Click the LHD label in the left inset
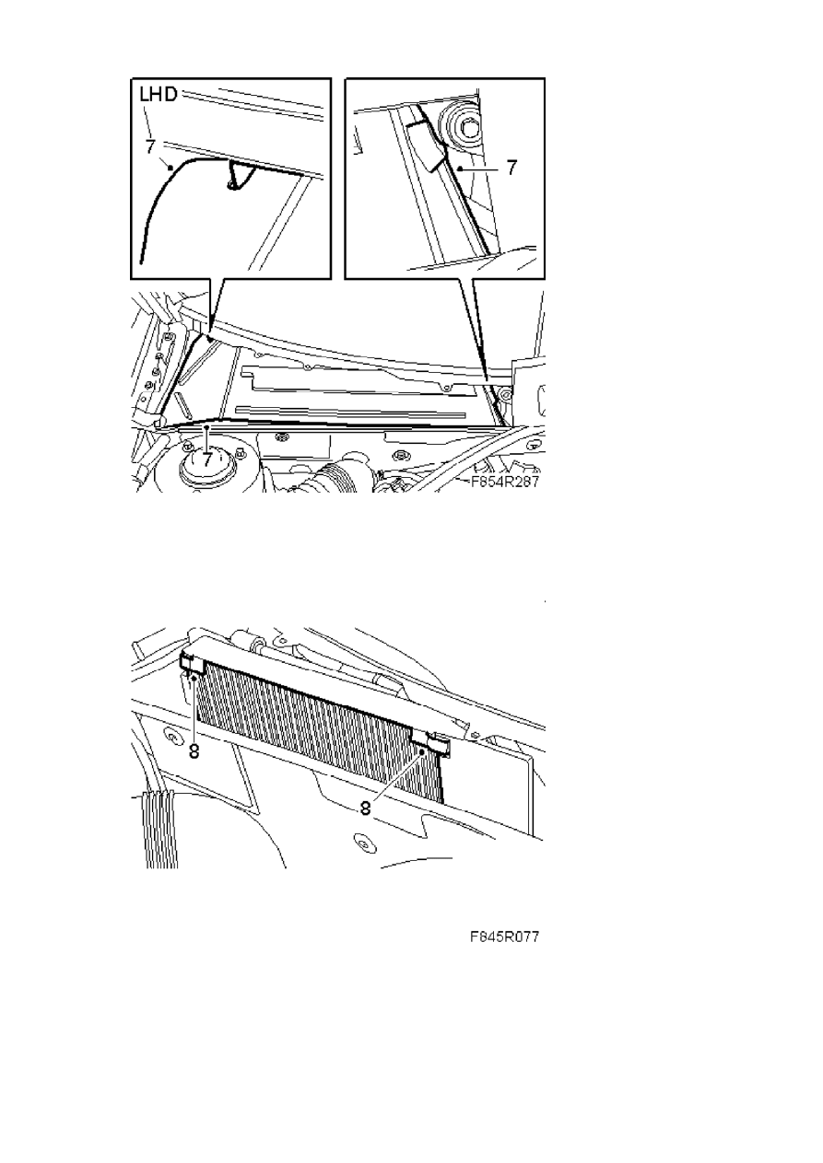(159, 94)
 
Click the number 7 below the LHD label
(150, 146)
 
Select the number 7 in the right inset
(511, 168)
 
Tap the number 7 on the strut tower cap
(207, 459)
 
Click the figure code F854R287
(504, 482)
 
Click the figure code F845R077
(504, 936)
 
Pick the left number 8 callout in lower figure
(194, 751)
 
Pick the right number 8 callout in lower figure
(366, 808)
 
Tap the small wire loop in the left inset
(235, 176)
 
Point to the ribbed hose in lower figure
(159, 831)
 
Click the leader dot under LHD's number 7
(170, 168)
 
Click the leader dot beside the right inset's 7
(459, 168)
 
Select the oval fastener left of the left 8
(170, 738)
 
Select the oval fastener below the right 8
(365, 840)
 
